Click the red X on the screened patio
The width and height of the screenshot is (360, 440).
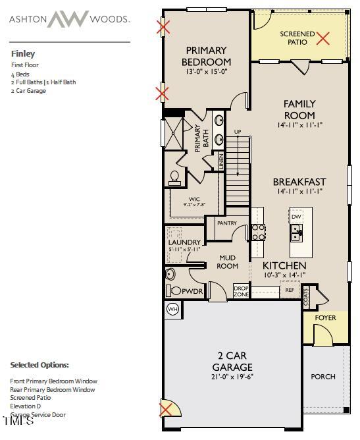tap(322, 38)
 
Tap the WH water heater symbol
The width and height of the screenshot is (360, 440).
tap(172, 309)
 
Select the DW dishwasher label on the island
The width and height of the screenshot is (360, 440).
tap(296, 216)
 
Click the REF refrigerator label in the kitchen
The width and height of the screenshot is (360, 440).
tap(289, 289)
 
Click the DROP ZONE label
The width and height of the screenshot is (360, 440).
tap(240, 290)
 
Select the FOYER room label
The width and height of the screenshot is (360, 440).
tap(325, 318)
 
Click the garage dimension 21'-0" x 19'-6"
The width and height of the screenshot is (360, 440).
tap(233, 377)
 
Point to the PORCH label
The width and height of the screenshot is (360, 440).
tap(322, 377)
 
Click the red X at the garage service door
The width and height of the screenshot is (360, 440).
tap(167, 410)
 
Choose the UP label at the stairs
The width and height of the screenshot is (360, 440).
tap(238, 132)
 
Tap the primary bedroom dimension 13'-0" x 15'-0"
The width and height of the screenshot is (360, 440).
tap(206, 72)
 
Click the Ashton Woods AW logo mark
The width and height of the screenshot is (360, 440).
tap(67, 19)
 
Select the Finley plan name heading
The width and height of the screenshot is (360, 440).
tap(23, 54)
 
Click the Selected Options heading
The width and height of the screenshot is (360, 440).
tap(39, 365)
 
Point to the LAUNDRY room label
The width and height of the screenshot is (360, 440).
tap(184, 242)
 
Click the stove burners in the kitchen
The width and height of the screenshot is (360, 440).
tap(258, 232)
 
